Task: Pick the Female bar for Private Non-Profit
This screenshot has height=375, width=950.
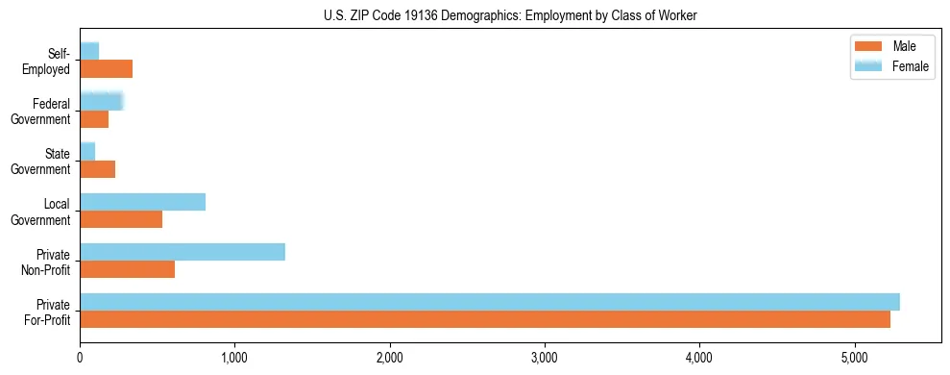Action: point(183,252)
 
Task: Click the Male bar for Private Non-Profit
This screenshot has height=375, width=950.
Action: point(128,269)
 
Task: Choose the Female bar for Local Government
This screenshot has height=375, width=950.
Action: point(142,202)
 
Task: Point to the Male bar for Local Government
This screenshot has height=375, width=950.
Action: point(121,219)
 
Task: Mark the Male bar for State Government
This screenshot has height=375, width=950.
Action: point(97,169)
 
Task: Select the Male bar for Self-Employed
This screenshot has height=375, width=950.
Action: point(106,69)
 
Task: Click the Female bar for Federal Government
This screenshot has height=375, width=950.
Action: point(101,102)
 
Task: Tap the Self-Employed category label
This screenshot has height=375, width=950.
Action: point(51,61)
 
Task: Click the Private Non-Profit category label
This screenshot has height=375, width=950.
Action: point(49,261)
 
